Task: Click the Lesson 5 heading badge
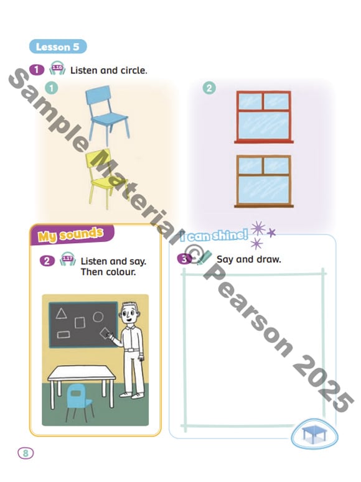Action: pyautogui.click(x=58, y=47)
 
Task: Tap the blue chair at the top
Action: pyautogui.click(x=107, y=114)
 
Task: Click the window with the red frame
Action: pyautogui.click(x=264, y=117)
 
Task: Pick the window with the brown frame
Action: pyautogui.click(x=264, y=182)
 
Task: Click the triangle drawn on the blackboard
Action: pyautogui.click(x=61, y=313)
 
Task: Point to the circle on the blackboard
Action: pyautogui.click(x=98, y=317)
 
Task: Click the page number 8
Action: pyautogui.click(x=26, y=453)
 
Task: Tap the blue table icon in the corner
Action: pyautogui.click(x=314, y=434)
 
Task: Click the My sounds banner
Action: pyautogui.click(x=72, y=235)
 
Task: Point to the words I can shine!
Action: pyautogui.click(x=214, y=236)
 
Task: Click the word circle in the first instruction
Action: pyautogui.click(x=134, y=70)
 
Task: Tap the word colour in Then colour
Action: pyautogui.click(x=121, y=272)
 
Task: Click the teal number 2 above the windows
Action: pyautogui.click(x=209, y=88)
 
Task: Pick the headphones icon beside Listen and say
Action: pyautogui.click(x=68, y=259)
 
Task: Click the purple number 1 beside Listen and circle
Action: pyautogui.click(x=37, y=70)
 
